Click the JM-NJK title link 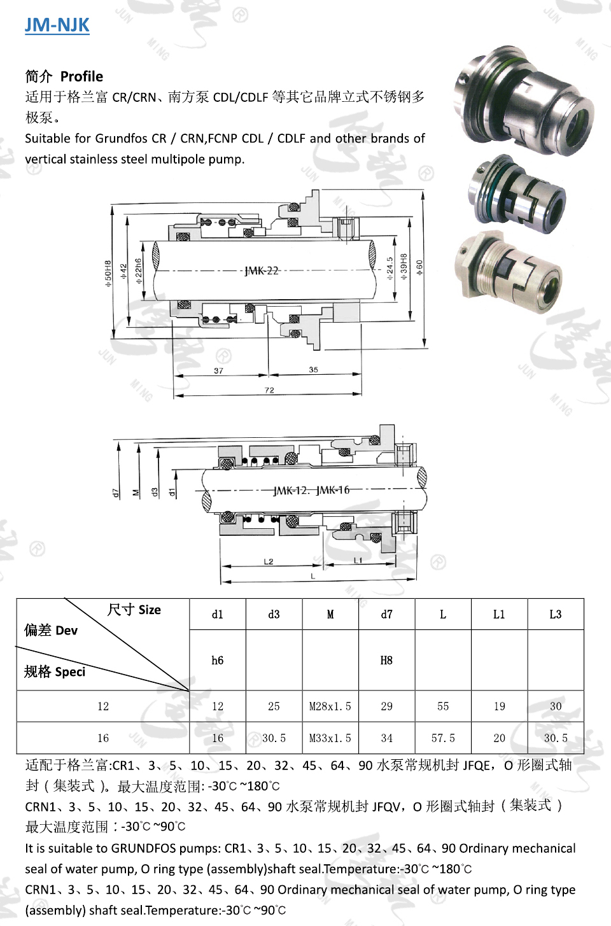(x=57, y=25)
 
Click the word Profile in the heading (x=81, y=76)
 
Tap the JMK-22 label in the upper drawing (x=262, y=270)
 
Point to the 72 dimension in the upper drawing (x=269, y=390)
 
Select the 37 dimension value (x=218, y=370)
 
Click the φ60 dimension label (x=419, y=268)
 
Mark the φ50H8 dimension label (x=108, y=274)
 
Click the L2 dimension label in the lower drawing (x=269, y=561)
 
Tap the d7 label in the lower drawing (x=116, y=493)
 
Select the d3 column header (x=274, y=614)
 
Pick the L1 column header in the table (x=499, y=614)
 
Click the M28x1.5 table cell (x=330, y=706)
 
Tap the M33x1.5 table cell (x=330, y=738)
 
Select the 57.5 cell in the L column (x=443, y=738)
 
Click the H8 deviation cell (x=386, y=660)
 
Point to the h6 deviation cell (x=218, y=660)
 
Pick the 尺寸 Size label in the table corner (x=134, y=610)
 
